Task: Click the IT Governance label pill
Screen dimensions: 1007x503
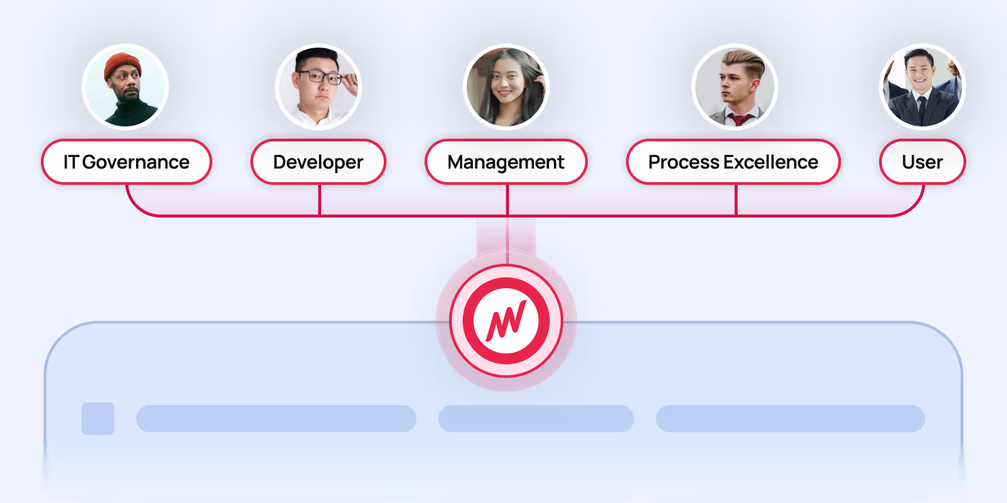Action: pos(127,162)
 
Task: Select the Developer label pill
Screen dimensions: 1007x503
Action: pos(318,162)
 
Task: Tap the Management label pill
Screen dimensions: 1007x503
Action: pos(506,162)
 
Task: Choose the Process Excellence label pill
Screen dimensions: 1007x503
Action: pos(733,162)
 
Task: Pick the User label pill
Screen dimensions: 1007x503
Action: pos(922,162)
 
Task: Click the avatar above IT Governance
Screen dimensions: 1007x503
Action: pos(125,87)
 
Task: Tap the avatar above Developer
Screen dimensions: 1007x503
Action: pos(318,87)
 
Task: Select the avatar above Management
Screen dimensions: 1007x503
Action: pos(506,87)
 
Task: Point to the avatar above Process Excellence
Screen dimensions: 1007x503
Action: pos(735,87)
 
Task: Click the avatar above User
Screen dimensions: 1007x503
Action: pos(923,87)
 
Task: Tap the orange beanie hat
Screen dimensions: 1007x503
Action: pos(122,65)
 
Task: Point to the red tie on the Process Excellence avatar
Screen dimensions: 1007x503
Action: pos(738,120)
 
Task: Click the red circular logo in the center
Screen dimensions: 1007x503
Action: pos(506,320)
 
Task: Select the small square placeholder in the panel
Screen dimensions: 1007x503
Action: pos(98,419)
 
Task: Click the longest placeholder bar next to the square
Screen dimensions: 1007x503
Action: pos(276,419)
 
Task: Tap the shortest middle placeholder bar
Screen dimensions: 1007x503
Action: pos(536,419)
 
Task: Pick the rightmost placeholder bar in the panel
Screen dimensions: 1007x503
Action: pos(791,419)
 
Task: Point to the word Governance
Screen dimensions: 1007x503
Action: pos(136,162)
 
